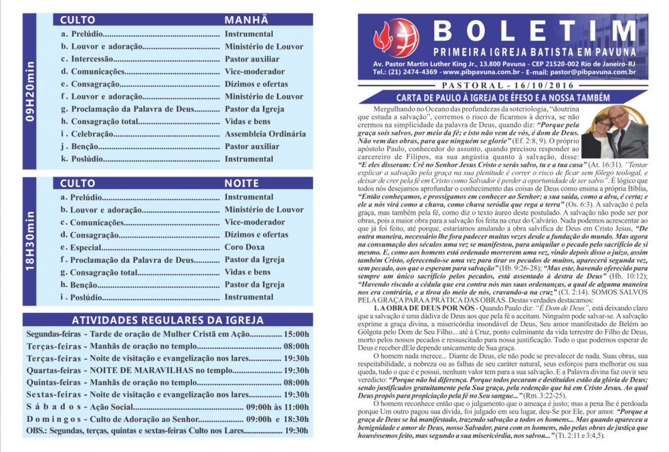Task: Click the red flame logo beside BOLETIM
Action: (x=387, y=39)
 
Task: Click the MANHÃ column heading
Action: (x=246, y=20)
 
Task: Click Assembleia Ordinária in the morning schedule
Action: (x=265, y=134)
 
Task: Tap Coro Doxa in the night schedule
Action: (x=246, y=247)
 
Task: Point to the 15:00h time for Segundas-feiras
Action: (x=296, y=334)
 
